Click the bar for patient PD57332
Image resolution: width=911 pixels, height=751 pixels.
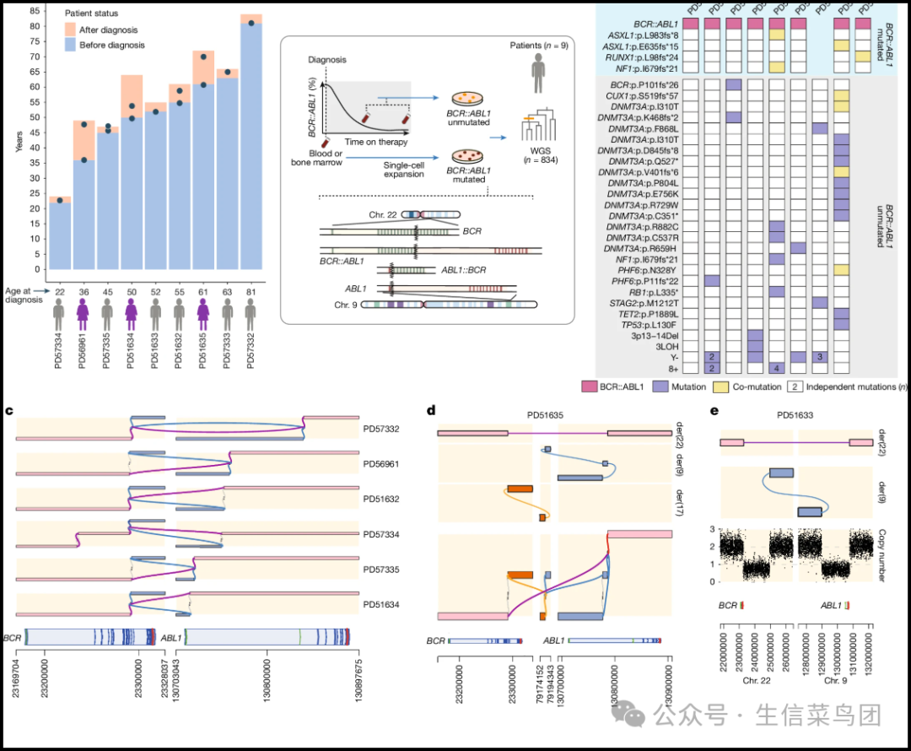click(250, 143)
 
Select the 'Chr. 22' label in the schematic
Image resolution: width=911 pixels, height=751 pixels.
click(382, 215)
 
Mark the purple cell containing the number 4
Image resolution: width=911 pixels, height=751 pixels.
click(777, 368)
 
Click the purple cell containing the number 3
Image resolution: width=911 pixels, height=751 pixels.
click(821, 357)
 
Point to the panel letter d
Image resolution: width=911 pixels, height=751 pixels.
click(431, 410)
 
